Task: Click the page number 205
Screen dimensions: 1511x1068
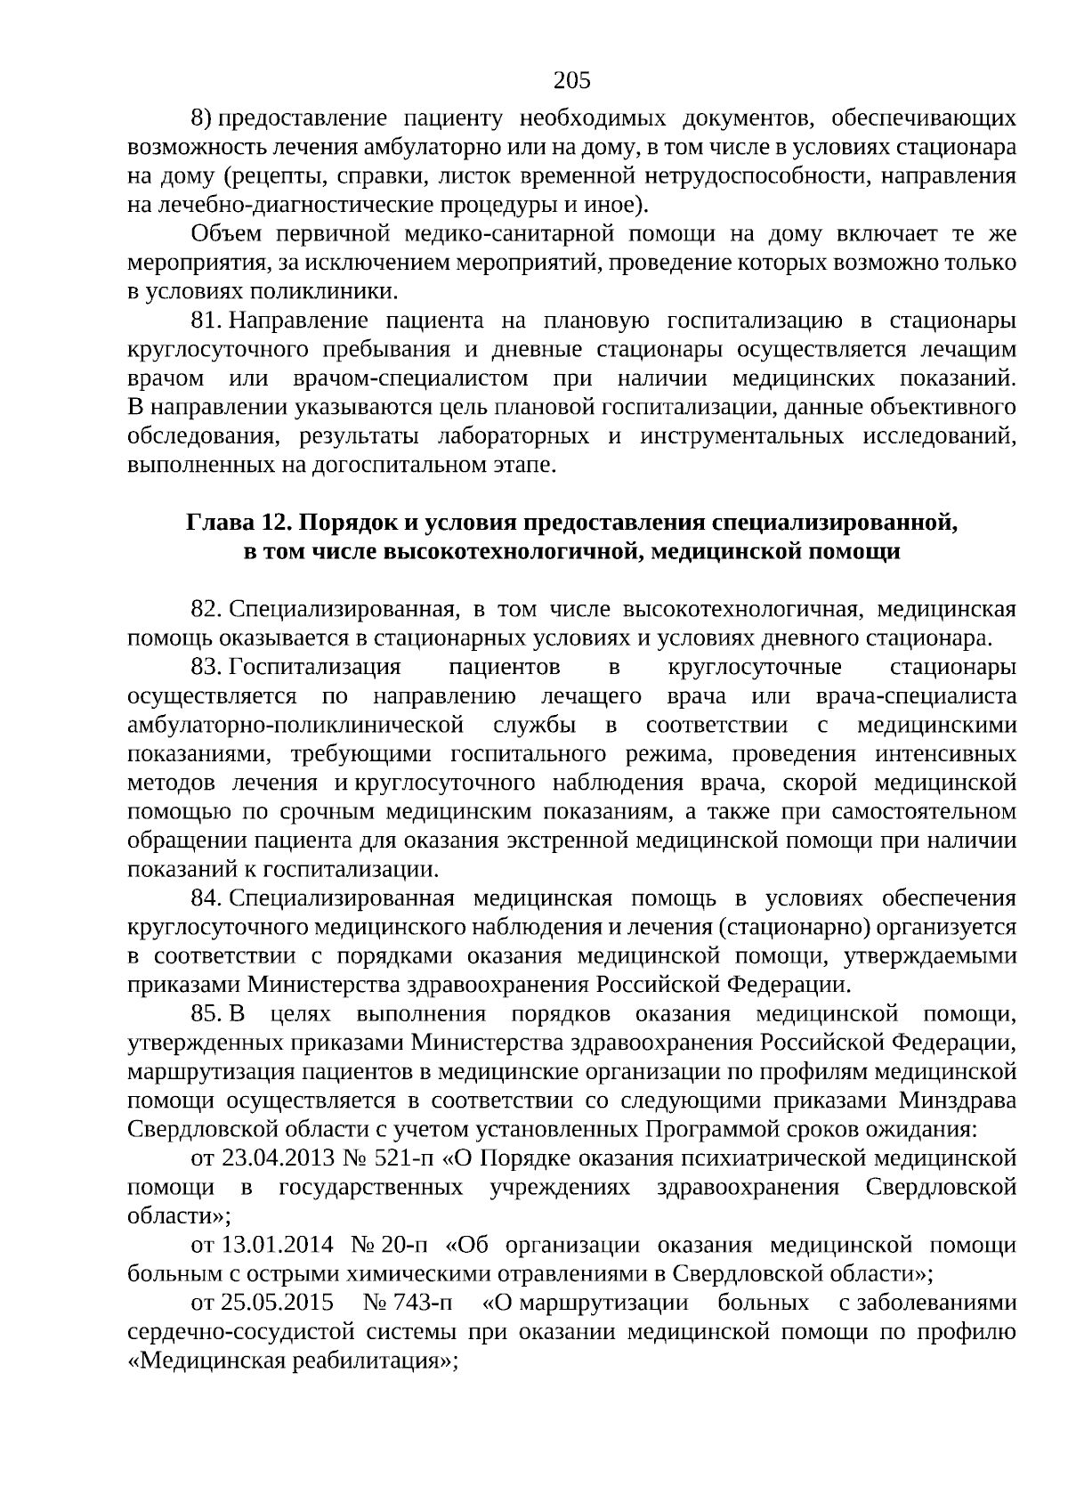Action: (571, 81)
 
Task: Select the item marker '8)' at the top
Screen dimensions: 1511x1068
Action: (200, 118)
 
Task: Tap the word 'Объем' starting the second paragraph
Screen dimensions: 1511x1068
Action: (227, 234)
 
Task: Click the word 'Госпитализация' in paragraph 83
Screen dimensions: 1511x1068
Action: (315, 667)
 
